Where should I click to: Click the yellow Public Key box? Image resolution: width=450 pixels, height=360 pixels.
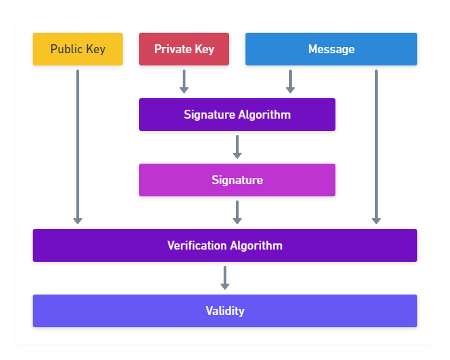78,49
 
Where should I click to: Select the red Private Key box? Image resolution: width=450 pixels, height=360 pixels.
184,49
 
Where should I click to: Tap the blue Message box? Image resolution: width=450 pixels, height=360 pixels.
331,49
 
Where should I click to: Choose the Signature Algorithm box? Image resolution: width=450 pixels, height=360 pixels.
237,115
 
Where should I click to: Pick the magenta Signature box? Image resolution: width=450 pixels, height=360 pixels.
237,180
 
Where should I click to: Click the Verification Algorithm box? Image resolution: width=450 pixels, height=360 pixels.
225,245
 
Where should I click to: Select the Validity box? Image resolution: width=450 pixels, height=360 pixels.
225,311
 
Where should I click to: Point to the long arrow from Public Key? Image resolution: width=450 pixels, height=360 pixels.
78,147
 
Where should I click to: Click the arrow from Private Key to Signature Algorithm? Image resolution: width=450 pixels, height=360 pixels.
184,81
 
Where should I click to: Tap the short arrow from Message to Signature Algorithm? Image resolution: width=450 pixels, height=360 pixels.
290,81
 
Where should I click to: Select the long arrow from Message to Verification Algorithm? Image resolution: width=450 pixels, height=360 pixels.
376,147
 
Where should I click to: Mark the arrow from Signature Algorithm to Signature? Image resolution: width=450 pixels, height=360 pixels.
237,147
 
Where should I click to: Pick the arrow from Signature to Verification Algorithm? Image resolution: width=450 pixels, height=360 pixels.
237,212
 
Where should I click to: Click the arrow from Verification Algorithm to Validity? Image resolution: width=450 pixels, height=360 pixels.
225,277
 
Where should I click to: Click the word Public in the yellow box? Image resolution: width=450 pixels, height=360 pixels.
67,49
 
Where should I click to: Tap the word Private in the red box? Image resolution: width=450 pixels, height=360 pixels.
172,49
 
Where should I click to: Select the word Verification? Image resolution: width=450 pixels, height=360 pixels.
197,245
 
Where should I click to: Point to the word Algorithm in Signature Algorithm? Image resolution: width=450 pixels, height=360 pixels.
265,115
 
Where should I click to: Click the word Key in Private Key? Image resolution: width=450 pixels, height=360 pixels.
205,50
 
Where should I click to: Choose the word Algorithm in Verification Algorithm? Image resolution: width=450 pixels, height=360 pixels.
256,245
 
